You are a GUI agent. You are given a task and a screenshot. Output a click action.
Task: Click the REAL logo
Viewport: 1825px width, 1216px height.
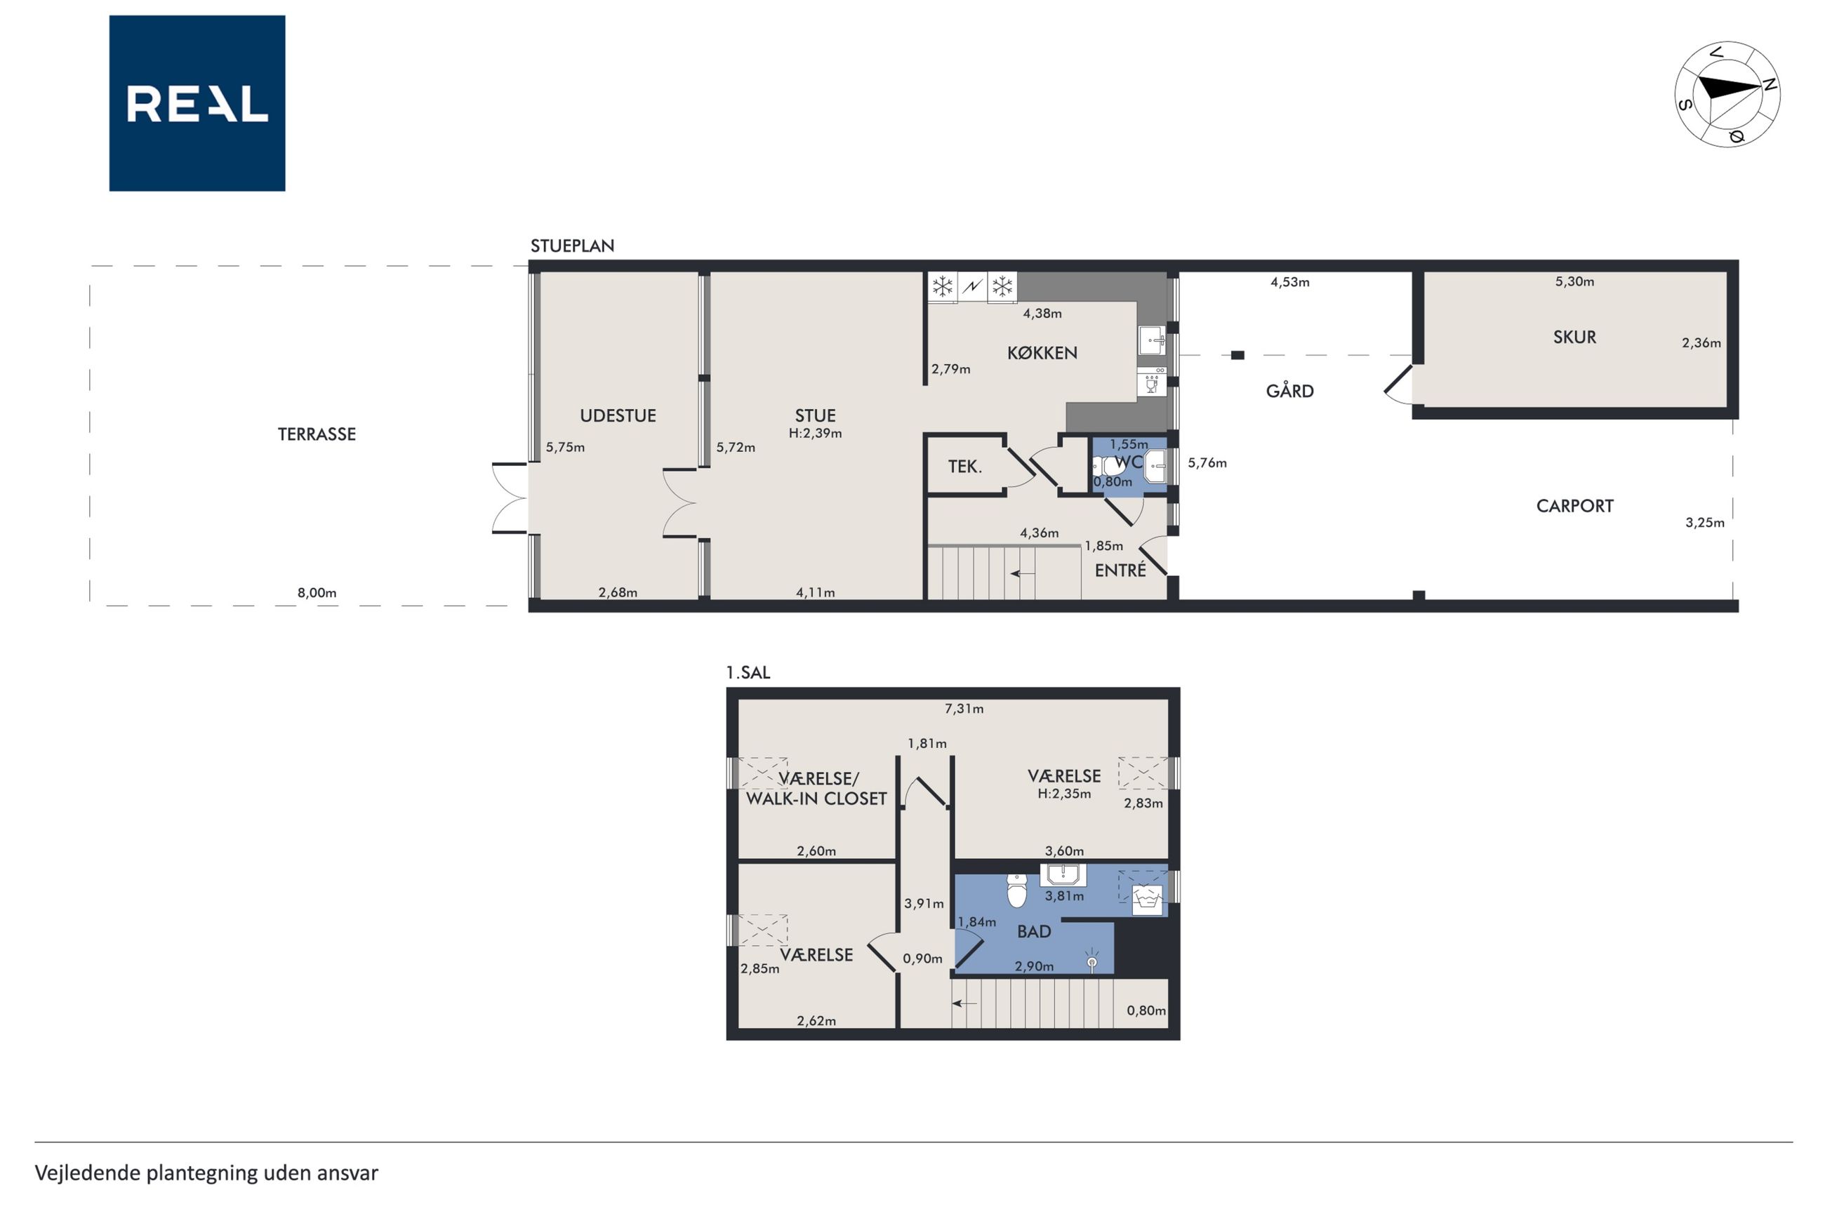click(x=197, y=103)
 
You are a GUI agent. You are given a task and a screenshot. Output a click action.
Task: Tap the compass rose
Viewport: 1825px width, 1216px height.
click(x=1727, y=95)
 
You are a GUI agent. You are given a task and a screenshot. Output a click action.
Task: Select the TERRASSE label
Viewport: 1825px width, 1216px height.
click(x=317, y=434)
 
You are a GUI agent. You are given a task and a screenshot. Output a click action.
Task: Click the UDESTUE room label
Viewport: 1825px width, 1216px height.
click(x=618, y=415)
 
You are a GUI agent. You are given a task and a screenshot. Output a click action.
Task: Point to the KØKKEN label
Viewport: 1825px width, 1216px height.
click(x=1042, y=353)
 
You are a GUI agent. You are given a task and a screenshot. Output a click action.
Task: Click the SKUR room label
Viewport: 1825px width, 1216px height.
click(x=1574, y=338)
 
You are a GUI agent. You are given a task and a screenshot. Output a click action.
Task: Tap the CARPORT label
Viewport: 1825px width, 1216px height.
click(x=1574, y=507)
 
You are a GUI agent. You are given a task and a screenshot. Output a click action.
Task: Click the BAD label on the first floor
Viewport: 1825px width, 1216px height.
click(x=1034, y=931)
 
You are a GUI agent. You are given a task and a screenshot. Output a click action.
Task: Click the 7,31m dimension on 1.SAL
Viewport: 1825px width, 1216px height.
click(x=963, y=709)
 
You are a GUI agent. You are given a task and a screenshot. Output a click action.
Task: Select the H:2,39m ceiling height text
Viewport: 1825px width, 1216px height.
click(x=815, y=434)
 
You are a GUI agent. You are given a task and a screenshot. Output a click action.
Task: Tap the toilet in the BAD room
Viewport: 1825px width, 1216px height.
click(x=1016, y=890)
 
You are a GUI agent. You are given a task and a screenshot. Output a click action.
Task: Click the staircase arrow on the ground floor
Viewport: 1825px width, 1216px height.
click(x=1022, y=574)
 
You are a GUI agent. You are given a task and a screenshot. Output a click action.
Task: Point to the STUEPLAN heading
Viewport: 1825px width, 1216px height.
click(x=572, y=246)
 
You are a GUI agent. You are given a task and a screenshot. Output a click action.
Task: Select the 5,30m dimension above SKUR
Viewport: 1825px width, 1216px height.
click(x=1574, y=281)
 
